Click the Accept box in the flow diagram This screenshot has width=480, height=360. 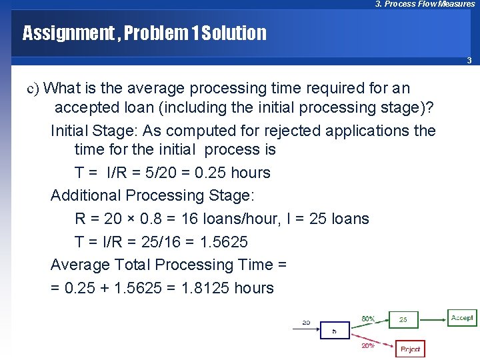point(462,317)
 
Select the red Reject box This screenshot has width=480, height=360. point(410,349)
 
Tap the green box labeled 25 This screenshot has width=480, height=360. point(403,320)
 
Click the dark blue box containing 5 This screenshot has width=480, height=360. point(334,331)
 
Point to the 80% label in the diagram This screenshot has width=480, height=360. point(368,319)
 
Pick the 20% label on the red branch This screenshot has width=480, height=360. point(367,345)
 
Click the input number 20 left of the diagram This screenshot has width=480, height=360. point(306,322)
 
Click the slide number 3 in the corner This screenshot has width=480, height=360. point(469,61)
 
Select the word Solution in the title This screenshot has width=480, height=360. point(236,33)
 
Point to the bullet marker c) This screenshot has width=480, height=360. point(33,89)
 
